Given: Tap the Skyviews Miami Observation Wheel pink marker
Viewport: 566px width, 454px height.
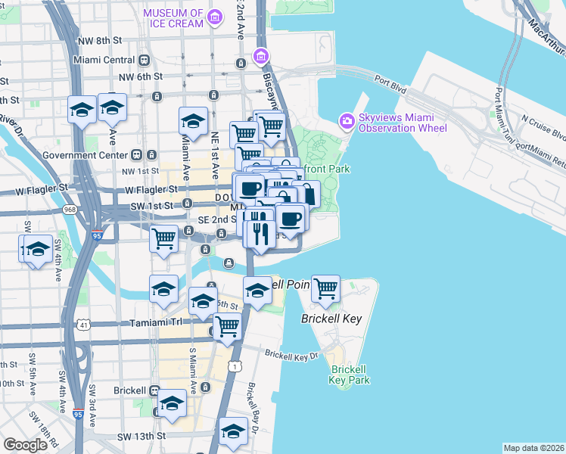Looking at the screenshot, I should pos(347,120).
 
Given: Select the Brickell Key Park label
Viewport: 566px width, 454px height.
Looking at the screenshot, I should pos(350,375).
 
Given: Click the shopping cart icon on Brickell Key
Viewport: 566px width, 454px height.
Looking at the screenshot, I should pos(325,288).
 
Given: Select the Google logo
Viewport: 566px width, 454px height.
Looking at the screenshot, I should pos(25,444).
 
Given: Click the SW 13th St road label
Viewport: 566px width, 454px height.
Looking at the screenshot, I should pos(141,437).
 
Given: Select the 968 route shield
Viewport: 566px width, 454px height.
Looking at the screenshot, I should pos(70,208).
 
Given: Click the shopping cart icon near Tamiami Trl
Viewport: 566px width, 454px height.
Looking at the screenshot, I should pos(227,326).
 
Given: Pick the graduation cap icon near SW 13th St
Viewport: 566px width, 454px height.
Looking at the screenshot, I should pos(233,431).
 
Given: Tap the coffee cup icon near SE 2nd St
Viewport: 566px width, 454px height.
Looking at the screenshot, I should pos(291,219).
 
